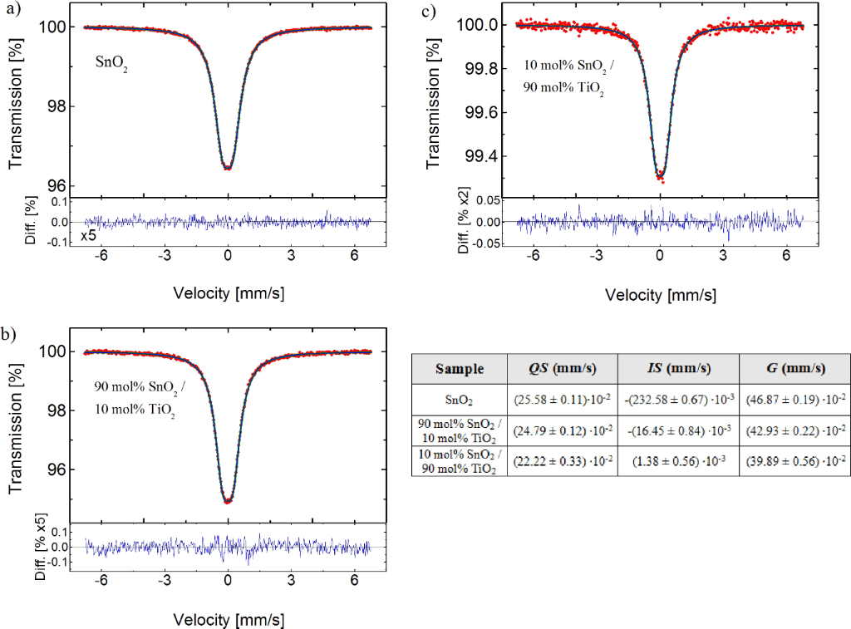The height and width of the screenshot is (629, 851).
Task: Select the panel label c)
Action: tap(429, 11)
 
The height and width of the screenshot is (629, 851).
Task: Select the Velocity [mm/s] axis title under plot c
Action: tap(660, 294)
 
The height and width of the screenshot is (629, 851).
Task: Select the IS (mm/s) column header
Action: tap(677, 368)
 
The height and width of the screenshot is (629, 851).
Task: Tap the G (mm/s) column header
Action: tap(794, 368)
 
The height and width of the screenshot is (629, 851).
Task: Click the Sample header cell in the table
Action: tap(460, 368)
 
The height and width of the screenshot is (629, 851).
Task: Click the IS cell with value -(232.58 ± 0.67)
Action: tap(677, 400)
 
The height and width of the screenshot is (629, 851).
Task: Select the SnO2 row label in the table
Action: tap(460, 400)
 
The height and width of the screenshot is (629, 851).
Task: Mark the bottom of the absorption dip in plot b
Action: tap(228, 501)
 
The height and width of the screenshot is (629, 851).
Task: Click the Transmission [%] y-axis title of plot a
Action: tap(16, 106)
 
